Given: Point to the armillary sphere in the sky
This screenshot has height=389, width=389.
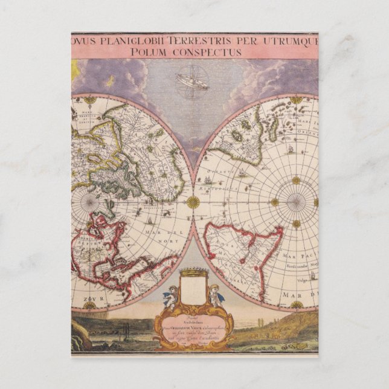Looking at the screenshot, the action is (192, 81).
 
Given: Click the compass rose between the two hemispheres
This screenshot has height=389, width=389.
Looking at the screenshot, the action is (193, 202).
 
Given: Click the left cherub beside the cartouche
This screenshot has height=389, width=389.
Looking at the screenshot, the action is (169, 297).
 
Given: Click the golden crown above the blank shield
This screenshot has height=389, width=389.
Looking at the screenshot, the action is (193, 272).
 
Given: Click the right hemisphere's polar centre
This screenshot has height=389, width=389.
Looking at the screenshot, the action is (296, 202).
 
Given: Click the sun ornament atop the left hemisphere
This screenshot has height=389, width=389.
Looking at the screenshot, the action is (90, 99).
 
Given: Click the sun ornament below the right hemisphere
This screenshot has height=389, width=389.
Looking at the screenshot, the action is (296, 305).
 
